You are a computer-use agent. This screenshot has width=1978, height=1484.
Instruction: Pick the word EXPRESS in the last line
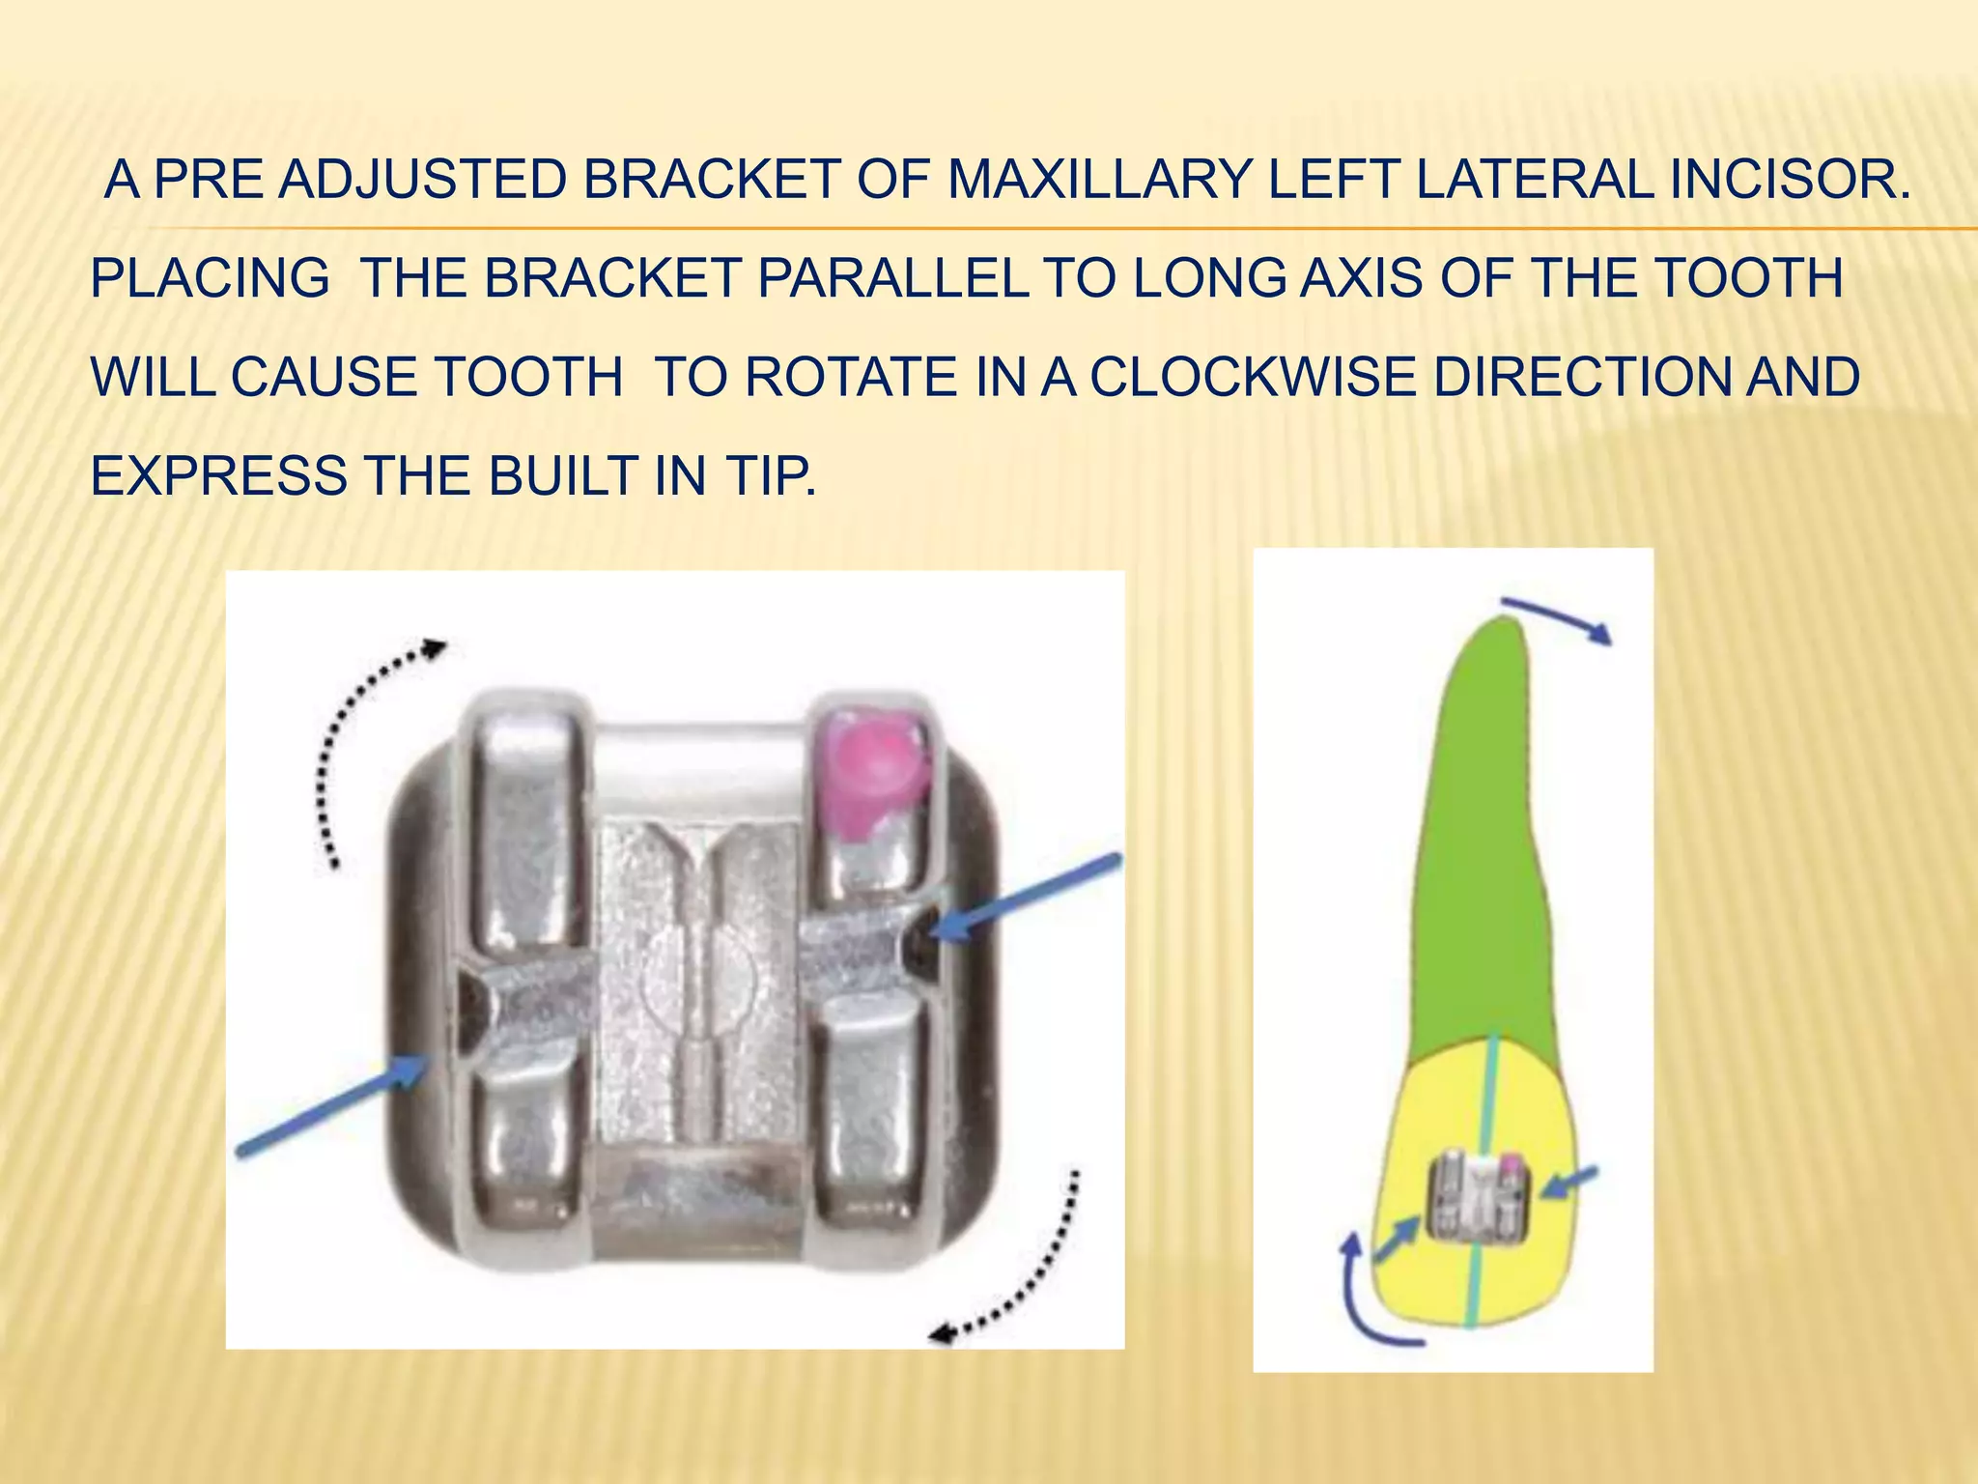click(x=218, y=476)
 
